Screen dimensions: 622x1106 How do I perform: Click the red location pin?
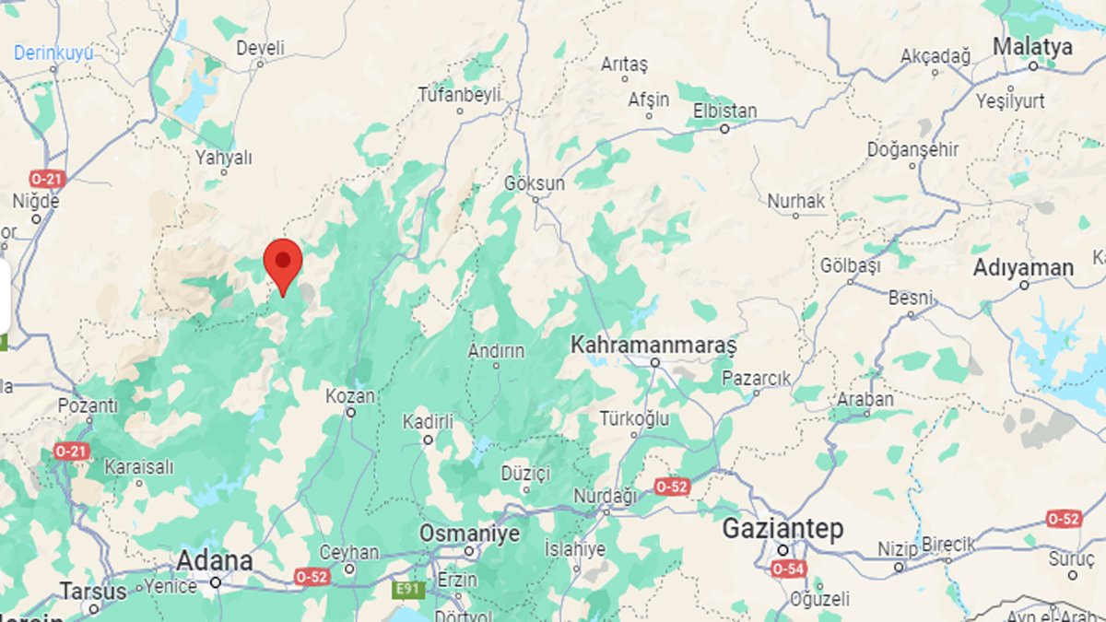(283, 263)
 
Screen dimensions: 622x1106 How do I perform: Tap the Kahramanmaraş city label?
(653, 345)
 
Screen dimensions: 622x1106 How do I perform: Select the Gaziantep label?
(782, 529)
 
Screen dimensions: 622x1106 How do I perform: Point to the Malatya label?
(1033, 47)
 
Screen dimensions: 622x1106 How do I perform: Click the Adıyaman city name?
(1024, 268)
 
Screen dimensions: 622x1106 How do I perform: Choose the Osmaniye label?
(469, 534)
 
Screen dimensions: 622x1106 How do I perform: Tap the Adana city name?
(214, 560)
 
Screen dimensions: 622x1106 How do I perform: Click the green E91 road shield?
(407, 589)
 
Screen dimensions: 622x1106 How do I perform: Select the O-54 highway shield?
(789, 569)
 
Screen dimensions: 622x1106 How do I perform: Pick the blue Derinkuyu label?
(53, 53)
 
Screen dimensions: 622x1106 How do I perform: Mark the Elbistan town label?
(724, 111)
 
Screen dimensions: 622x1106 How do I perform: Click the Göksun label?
(535, 183)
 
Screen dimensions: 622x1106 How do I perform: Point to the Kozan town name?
(350, 396)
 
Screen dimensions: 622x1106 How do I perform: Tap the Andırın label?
(496, 350)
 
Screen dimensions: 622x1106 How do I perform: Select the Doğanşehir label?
(913, 149)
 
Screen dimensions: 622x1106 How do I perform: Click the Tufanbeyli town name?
(459, 94)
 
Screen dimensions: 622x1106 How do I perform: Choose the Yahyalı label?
(223, 158)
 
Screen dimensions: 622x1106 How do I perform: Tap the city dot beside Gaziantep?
(782, 550)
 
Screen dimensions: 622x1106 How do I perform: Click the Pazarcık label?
(757, 378)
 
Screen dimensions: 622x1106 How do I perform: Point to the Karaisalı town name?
(138, 467)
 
